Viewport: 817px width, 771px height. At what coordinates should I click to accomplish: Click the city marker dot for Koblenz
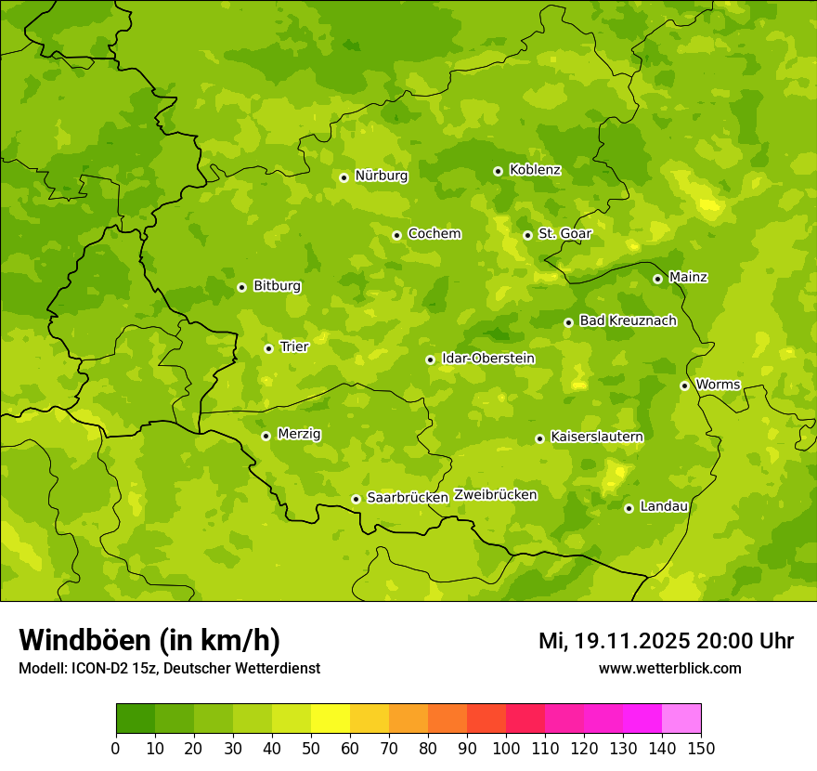click(x=498, y=171)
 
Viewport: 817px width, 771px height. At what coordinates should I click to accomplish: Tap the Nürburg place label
click(x=381, y=176)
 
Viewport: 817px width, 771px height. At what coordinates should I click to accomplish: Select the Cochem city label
click(x=434, y=234)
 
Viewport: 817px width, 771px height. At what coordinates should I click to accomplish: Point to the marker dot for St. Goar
click(x=527, y=235)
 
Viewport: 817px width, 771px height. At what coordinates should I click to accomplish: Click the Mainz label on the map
click(x=688, y=277)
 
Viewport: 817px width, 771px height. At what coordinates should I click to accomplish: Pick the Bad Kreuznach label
click(x=628, y=320)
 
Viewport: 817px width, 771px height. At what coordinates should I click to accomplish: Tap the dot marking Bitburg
click(x=241, y=287)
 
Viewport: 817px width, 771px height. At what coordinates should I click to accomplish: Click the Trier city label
click(x=293, y=346)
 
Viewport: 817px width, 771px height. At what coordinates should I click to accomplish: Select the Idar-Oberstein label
click(x=487, y=359)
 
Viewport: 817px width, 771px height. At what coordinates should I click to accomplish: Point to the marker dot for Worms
click(x=684, y=385)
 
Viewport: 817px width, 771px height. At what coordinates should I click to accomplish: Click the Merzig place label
click(x=299, y=434)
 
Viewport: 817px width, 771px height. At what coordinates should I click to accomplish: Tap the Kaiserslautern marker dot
click(x=539, y=438)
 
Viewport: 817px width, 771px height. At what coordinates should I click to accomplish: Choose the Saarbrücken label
click(x=408, y=498)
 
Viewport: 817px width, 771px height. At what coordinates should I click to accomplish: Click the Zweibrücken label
click(x=495, y=495)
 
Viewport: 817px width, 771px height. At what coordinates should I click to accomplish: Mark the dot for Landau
click(x=629, y=508)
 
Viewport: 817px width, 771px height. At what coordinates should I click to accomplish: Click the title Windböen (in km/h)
click(x=149, y=640)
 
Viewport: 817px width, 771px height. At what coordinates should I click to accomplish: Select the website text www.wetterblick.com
click(x=669, y=669)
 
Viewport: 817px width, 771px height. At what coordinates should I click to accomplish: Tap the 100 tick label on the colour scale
click(x=506, y=748)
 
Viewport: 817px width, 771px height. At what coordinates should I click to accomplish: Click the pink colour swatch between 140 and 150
click(x=681, y=719)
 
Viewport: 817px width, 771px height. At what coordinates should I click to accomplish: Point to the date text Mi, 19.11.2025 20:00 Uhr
click(x=666, y=641)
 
